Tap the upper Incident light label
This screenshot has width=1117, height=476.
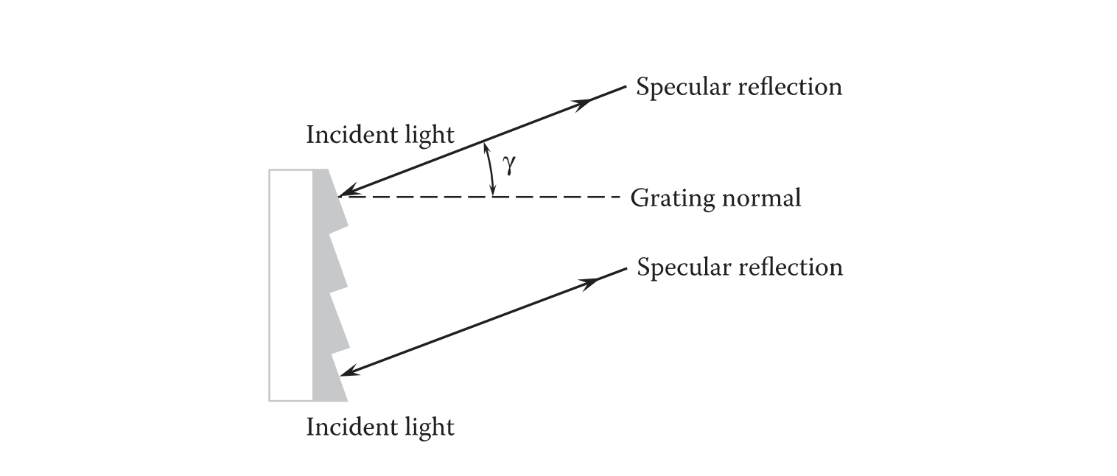380,135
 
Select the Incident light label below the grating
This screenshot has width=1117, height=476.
380,427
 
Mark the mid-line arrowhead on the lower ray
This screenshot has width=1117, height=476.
589,283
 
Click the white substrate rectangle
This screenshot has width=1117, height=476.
290,285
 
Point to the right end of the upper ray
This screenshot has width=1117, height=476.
625,86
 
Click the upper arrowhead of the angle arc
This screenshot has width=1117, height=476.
485,147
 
